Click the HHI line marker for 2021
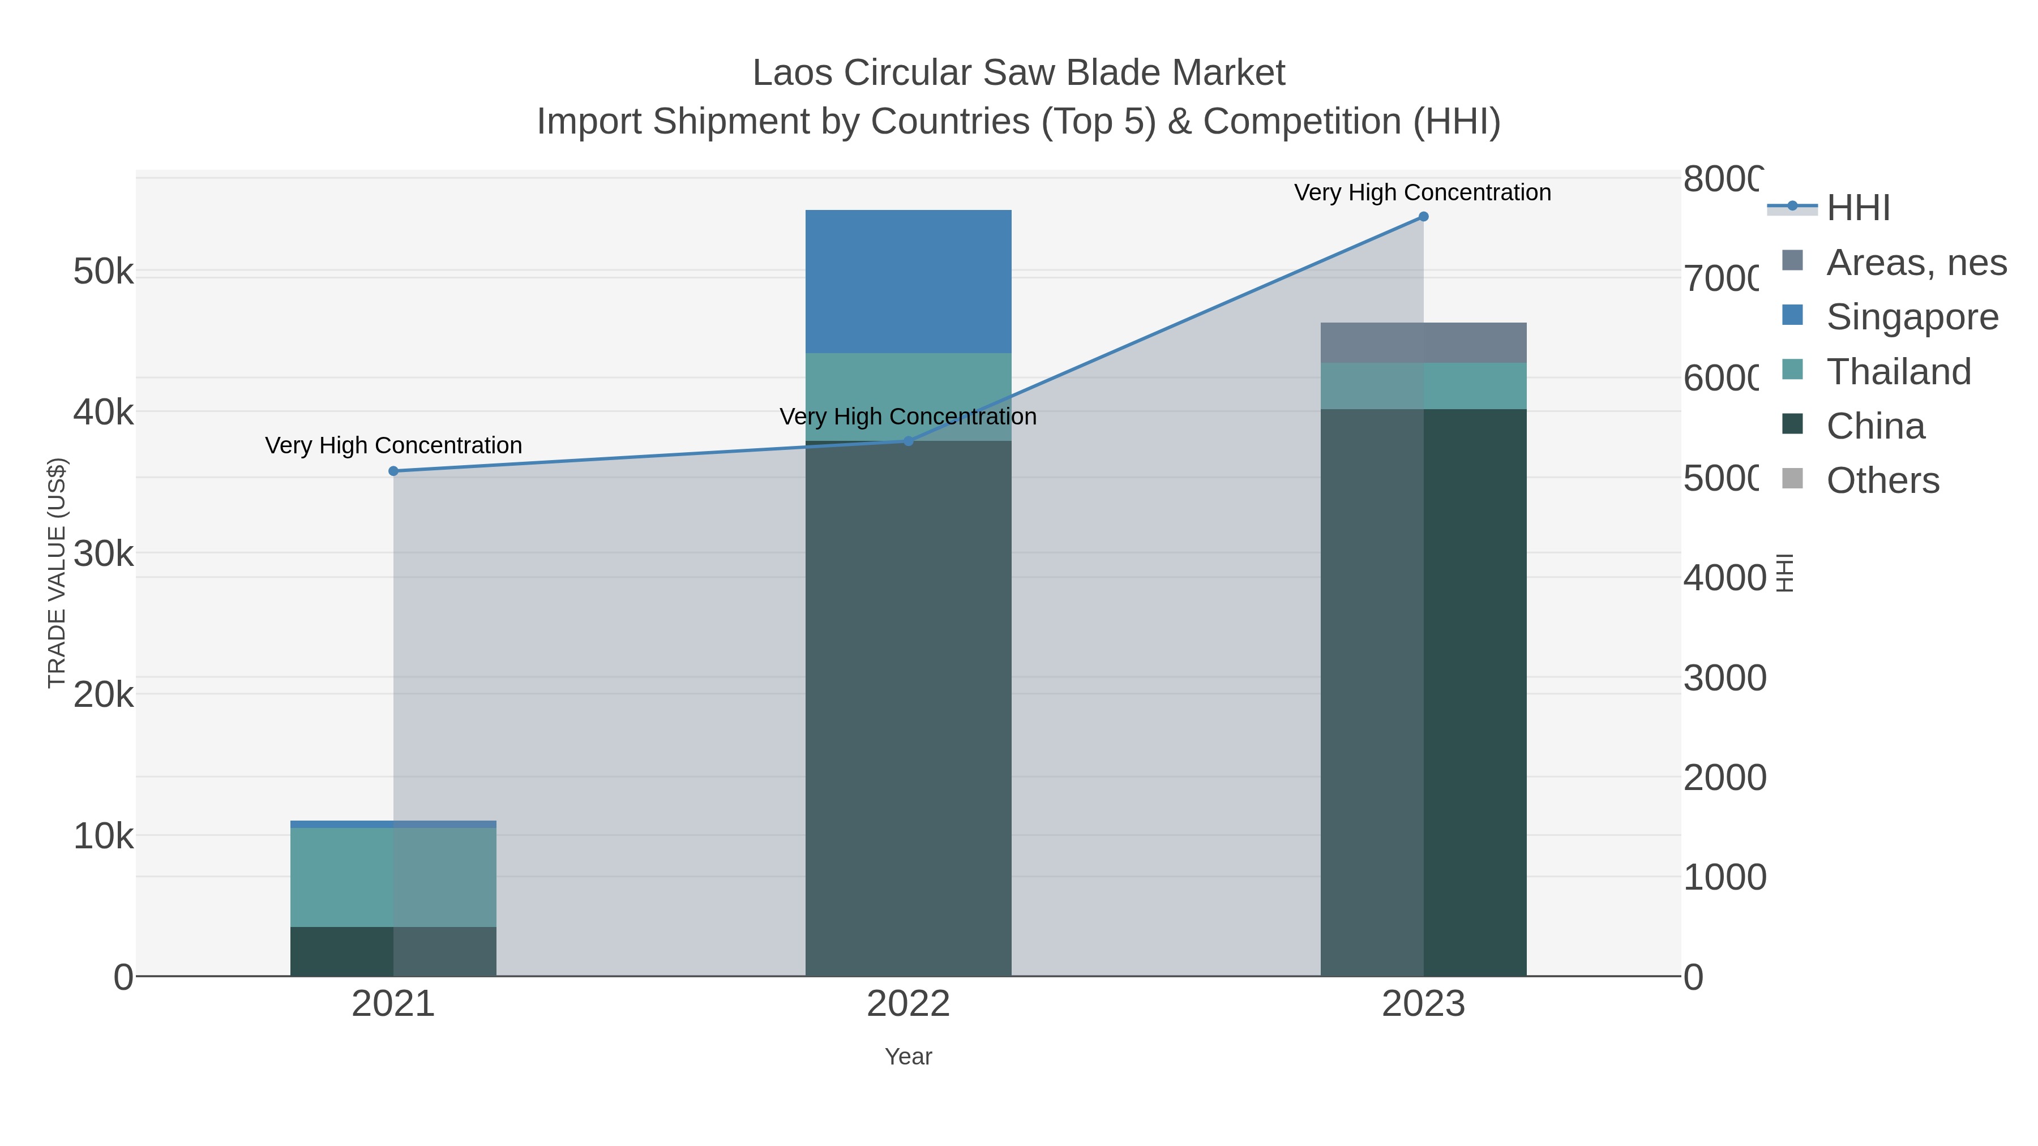pyautogui.click(x=393, y=471)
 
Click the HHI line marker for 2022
pyautogui.click(x=908, y=441)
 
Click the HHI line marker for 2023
pyautogui.click(x=1423, y=217)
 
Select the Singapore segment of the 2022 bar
pyautogui.click(x=908, y=282)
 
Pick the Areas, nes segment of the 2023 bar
pyautogui.click(x=1423, y=342)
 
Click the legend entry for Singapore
pyautogui.click(x=1911, y=317)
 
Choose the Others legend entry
pyautogui.click(x=1882, y=481)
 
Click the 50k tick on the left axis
pyautogui.click(x=103, y=272)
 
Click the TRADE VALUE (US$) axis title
pyautogui.click(x=57, y=573)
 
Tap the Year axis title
pyautogui.click(x=908, y=1057)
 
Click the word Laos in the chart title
pyautogui.click(x=791, y=73)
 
